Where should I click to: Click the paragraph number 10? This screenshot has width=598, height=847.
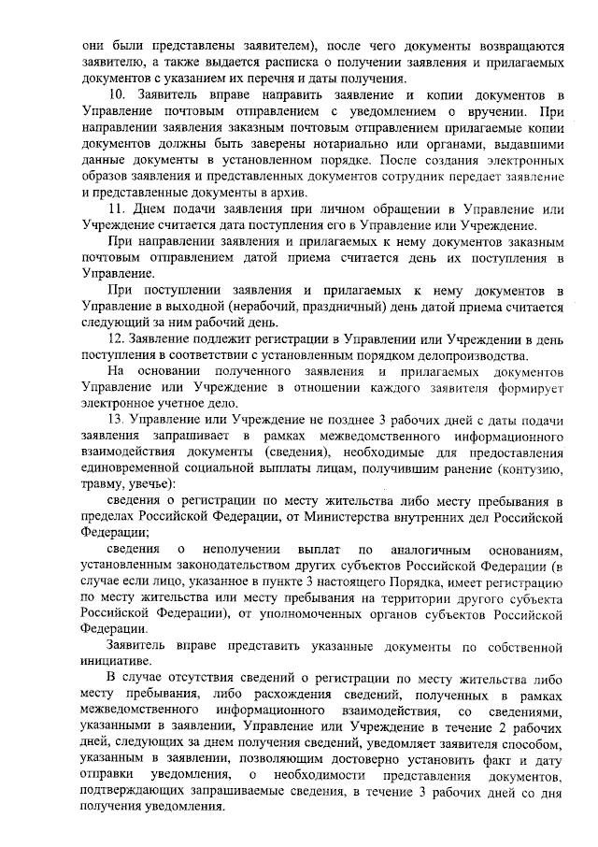tap(117, 96)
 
